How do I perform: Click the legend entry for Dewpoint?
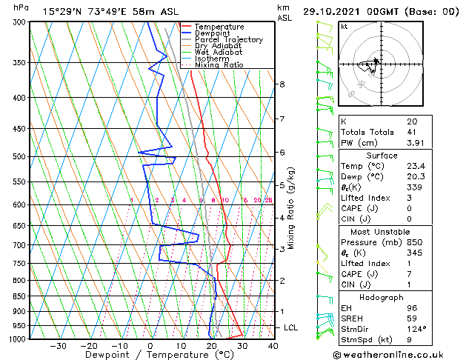point(210,33)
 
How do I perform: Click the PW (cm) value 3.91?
point(415,143)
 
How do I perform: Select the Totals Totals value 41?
point(412,132)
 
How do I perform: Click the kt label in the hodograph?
point(344,27)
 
